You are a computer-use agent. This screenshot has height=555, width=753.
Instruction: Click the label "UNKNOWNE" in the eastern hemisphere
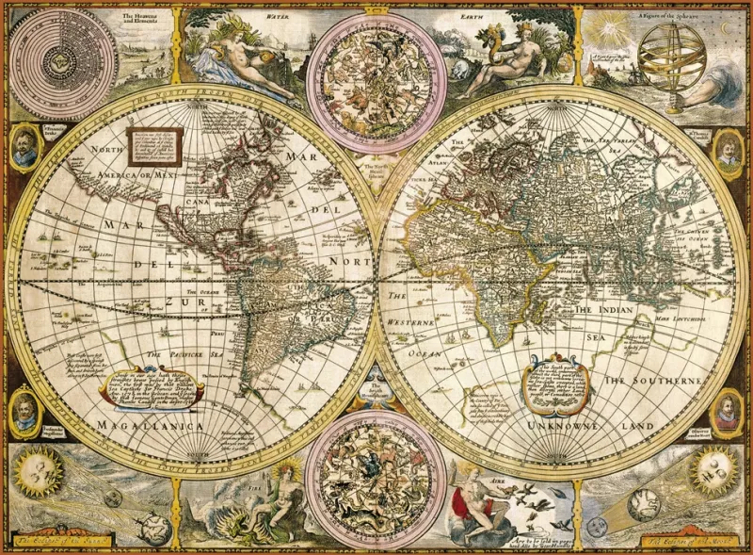point(547,426)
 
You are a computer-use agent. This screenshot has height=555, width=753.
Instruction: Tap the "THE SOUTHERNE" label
point(653,380)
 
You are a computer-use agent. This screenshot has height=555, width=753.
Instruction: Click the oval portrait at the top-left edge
point(25,145)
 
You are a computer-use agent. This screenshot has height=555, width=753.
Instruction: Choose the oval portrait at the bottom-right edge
point(726,411)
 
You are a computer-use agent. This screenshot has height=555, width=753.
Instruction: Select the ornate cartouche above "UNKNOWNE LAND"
point(559,382)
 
